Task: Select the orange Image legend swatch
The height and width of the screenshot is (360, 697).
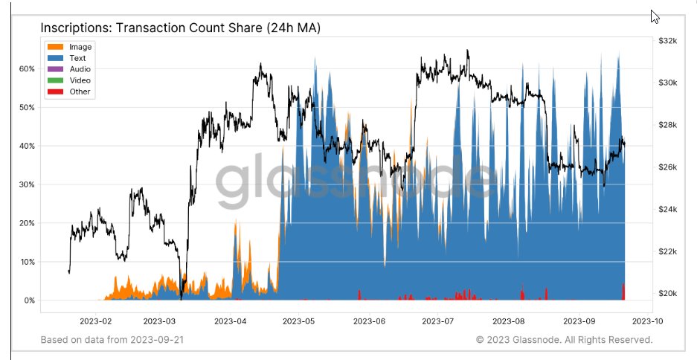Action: click(x=57, y=47)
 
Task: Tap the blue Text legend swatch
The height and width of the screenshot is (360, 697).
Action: click(x=57, y=58)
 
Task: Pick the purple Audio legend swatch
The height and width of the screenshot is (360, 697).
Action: click(x=57, y=69)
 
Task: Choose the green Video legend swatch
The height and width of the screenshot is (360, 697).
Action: click(x=57, y=80)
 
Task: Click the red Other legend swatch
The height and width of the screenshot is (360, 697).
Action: click(x=57, y=91)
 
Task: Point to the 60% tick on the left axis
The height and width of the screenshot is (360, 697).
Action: click(x=26, y=68)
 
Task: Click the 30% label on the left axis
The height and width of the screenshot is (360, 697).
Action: click(x=26, y=184)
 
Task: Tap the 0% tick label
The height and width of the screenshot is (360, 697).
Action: click(x=28, y=300)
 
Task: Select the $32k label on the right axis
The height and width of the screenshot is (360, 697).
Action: click(x=667, y=41)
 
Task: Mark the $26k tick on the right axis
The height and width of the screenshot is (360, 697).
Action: click(x=667, y=167)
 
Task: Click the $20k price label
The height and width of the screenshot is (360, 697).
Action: click(x=667, y=294)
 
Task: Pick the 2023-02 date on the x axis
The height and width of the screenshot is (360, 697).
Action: click(x=96, y=321)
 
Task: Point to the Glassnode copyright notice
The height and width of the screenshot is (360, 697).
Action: click(x=564, y=340)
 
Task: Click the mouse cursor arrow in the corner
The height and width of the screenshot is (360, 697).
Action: click(x=655, y=16)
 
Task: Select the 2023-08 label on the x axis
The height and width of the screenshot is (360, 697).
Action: click(x=509, y=321)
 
